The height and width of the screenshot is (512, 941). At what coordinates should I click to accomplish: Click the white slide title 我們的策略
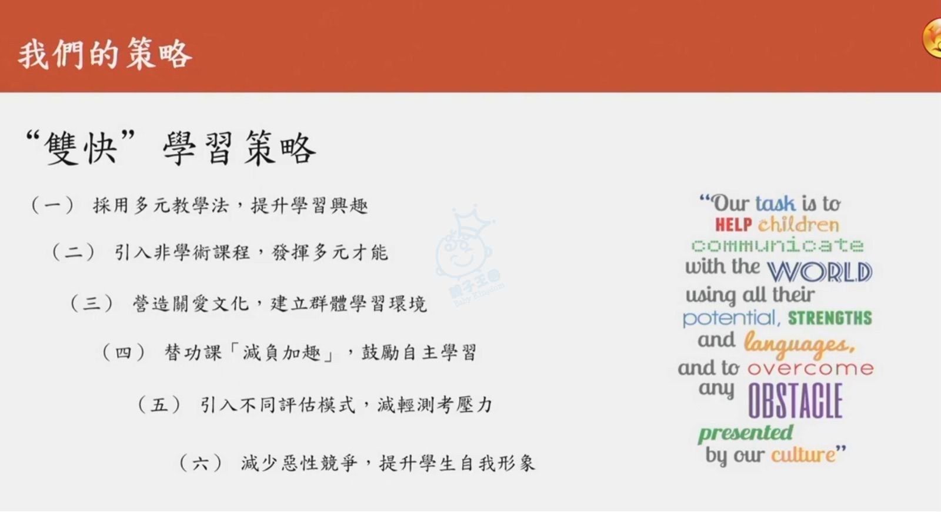pos(105,54)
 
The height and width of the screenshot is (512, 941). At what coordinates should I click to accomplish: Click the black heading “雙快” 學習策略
pos(170,148)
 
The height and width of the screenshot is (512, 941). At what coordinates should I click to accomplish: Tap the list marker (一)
pos(52,205)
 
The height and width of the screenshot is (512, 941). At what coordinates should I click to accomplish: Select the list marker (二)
pos(73,252)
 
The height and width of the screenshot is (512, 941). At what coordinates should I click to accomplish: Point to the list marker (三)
pos(92,303)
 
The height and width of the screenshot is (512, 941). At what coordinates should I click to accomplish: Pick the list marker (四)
pos(124,353)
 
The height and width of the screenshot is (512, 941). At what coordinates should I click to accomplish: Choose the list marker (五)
pos(159,405)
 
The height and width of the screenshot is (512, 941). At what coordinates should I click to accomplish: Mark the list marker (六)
pos(201,463)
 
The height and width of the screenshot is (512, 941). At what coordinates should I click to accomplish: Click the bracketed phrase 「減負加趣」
pos(283,353)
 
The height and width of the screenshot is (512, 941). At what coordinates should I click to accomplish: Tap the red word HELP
pos(733,225)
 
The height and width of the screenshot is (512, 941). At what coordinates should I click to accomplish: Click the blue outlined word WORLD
pos(820,272)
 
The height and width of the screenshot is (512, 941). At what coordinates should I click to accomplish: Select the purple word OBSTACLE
pos(795,400)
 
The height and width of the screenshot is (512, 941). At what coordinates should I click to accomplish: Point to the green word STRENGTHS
pos(830,318)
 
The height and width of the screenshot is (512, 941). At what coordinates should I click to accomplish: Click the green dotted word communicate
pos(778,245)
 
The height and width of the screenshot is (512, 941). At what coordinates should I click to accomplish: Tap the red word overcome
pos(811,368)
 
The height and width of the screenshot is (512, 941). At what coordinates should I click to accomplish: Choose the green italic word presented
pos(746,433)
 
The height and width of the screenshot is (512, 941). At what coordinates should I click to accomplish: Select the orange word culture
pos(803,455)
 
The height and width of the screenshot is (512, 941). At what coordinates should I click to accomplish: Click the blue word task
pos(776,204)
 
